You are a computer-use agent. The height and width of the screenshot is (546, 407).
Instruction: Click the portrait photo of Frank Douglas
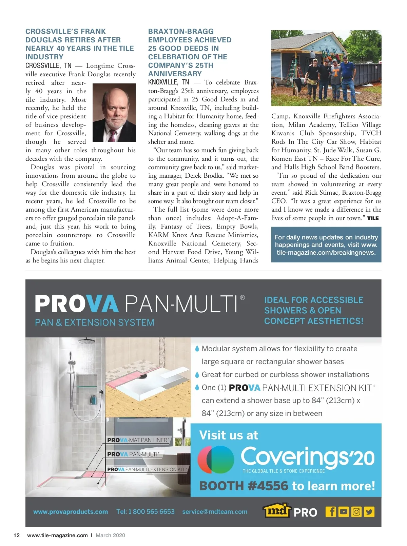[x=114, y=113]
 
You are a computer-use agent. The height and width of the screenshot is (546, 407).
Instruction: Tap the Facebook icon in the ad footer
[x=331, y=511]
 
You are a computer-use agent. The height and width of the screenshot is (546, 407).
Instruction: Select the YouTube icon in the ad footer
[x=344, y=511]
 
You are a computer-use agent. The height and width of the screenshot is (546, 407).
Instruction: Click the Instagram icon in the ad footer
[x=356, y=511]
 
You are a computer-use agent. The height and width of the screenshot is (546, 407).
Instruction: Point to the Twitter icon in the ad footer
[x=369, y=511]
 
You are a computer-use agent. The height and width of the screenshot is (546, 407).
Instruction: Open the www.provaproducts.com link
[x=71, y=512]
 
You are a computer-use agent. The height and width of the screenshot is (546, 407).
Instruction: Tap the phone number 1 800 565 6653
[x=145, y=511]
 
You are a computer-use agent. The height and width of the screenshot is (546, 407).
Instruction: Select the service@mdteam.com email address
[x=215, y=512]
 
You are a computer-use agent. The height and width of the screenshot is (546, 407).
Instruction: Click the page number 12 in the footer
[x=16, y=535]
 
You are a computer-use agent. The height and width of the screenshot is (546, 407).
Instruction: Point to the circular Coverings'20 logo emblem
[x=216, y=460]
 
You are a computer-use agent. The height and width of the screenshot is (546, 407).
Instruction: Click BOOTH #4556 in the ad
[x=244, y=486]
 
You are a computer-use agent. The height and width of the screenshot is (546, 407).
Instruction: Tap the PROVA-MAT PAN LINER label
[x=138, y=440]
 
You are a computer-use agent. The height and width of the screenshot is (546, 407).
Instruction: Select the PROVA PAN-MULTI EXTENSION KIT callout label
[x=147, y=469]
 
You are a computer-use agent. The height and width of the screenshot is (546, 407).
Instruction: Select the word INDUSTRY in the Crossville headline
[x=44, y=57]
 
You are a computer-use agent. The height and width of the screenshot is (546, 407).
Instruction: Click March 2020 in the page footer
[x=110, y=535]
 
